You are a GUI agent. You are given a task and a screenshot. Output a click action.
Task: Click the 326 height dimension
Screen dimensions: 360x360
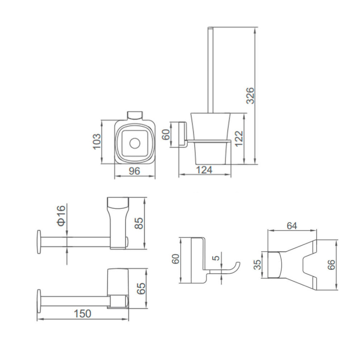[x=250, y=96]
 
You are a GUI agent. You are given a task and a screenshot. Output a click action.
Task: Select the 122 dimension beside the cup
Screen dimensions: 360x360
[x=239, y=138]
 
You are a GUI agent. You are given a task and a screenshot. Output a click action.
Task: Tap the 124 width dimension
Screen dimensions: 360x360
[x=204, y=170]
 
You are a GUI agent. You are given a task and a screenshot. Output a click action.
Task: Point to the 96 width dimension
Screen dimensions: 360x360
[x=134, y=171]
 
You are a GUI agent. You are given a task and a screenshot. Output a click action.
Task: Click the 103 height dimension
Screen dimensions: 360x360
[x=97, y=142]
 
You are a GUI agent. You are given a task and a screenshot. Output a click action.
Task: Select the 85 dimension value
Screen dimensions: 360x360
[x=139, y=223]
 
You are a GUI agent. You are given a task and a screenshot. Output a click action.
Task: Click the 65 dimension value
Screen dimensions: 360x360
[x=141, y=288]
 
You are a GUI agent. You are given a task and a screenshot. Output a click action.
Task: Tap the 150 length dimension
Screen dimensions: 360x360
[x=83, y=314]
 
